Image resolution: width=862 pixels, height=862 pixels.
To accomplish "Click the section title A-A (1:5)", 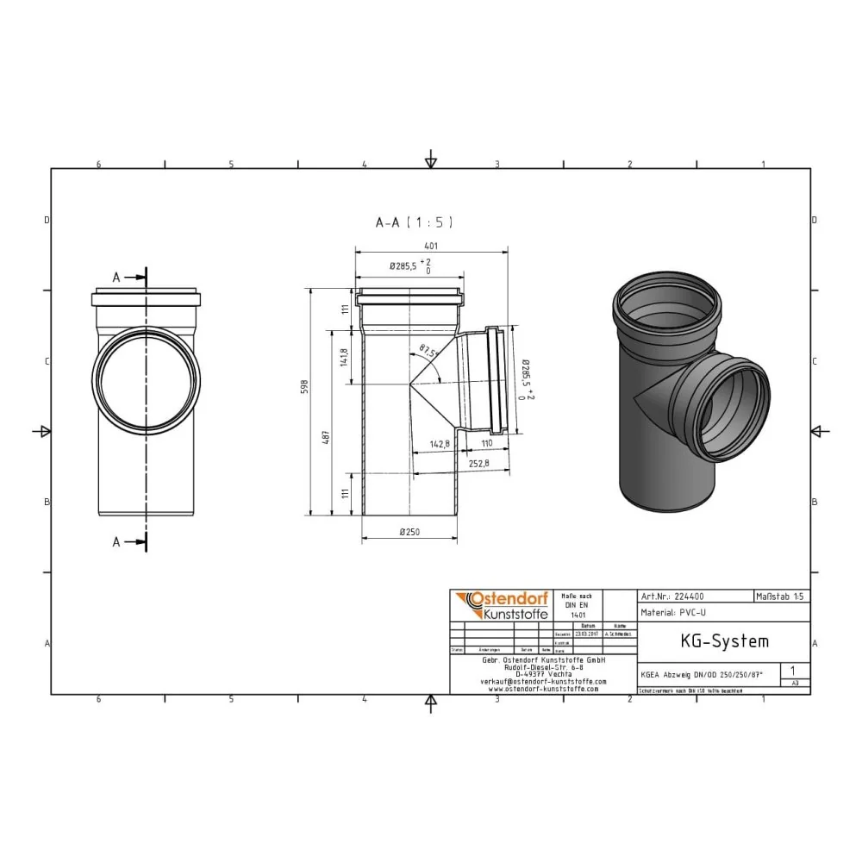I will tap(414, 222).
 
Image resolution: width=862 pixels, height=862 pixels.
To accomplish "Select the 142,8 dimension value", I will tap(440, 444).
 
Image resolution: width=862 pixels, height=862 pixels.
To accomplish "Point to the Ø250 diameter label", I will tap(409, 532).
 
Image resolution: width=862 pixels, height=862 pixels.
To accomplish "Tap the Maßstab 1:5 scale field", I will tap(781, 596).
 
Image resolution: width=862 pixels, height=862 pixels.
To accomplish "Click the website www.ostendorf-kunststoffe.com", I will tap(543, 689).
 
